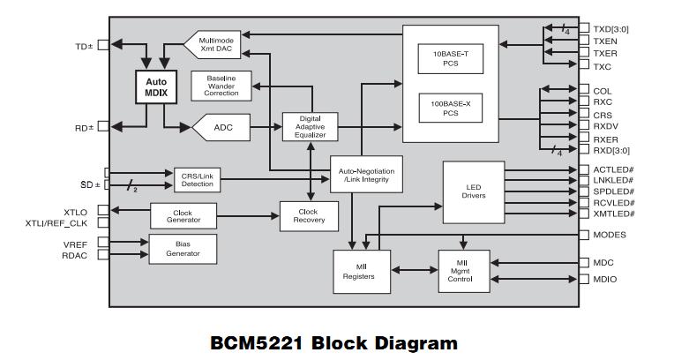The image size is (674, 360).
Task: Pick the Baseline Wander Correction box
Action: tap(221, 86)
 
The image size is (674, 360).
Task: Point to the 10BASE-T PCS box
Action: tap(450, 58)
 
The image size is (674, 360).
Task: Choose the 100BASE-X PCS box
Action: tap(450, 109)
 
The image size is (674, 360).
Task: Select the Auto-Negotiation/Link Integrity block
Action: tap(366, 175)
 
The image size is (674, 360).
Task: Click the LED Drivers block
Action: tap(473, 190)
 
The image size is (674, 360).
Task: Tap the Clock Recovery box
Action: tap(309, 216)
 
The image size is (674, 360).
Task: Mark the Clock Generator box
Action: tap(183, 215)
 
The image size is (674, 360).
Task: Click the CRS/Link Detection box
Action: tap(197, 179)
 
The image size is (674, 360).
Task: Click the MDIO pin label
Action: tap(605, 280)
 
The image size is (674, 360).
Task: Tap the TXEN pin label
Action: tap(606, 41)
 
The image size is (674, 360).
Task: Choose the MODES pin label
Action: tap(610, 235)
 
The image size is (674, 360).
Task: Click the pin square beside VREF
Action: tap(104, 242)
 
